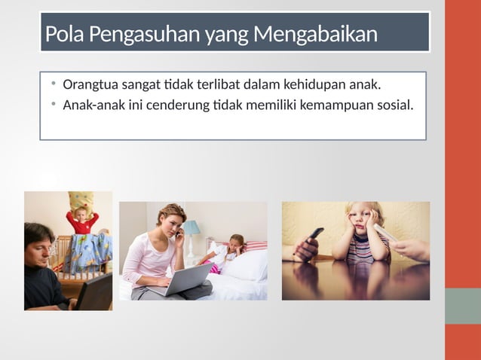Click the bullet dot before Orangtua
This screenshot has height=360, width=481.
54,84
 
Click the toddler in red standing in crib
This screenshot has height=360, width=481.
81,220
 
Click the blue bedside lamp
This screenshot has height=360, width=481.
192,228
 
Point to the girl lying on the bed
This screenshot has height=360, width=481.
230,252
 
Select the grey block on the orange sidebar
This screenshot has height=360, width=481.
462,306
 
